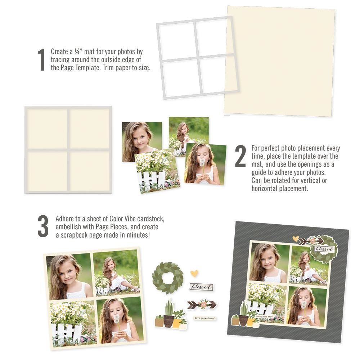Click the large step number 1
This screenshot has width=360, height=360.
41,60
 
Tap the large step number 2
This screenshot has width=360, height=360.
240,156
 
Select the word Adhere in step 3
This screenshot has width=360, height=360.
64,219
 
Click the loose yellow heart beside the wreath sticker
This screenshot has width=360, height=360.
194,273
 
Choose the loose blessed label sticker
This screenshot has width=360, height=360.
201,287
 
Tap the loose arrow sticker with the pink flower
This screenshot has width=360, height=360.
202,305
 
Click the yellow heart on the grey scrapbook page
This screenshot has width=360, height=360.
295,238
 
